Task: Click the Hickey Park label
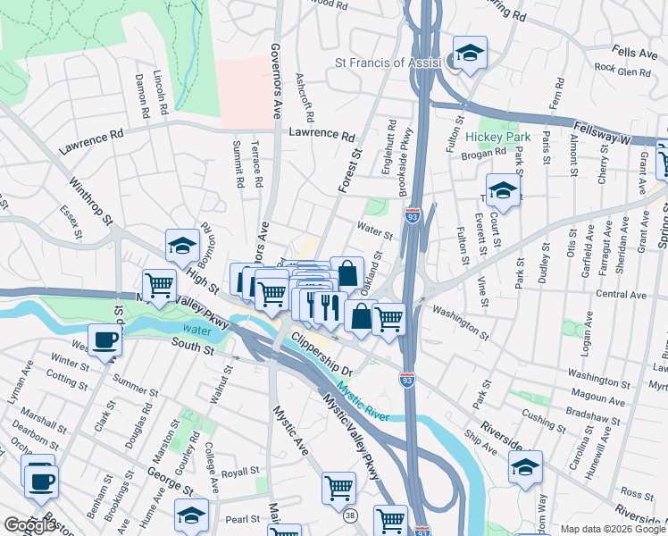(497, 138)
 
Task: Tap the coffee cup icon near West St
(105, 341)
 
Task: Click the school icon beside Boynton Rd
(182, 245)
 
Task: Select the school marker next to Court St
(504, 190)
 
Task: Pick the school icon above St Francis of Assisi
(469, 53)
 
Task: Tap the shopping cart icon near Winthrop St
(159, 286)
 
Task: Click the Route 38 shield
(351, 515)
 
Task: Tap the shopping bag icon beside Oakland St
(347, 272)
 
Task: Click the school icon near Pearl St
(190, 515)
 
